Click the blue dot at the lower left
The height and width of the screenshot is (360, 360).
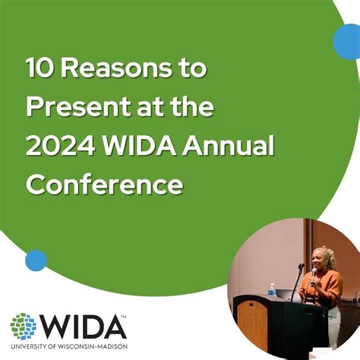pyautogui.click(x=36, y=261)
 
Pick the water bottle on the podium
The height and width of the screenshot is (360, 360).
pyautogui.click(x=271, y=289)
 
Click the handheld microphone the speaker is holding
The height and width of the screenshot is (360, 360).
pyautogui.click(x=314, y=271)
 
